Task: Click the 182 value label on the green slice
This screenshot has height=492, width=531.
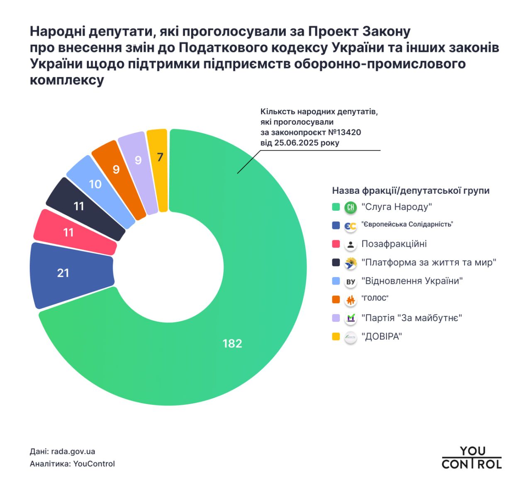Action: (x=232, y=343)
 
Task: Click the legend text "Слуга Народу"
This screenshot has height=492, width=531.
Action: (x=397, y=207)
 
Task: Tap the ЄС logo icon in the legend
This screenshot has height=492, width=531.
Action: (x=351, y=226)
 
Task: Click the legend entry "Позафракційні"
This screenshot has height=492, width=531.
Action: (x=394, y=244)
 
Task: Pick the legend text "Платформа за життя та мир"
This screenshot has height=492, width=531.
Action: (x=429, y=263)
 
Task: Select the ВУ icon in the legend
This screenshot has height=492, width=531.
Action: (x=351, y=282)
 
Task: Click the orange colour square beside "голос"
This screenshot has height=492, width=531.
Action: (x=336, y=300)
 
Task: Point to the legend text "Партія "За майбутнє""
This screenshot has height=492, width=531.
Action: (x=412, y=318)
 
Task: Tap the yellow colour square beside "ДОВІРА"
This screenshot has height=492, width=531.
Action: (x=336, y=336)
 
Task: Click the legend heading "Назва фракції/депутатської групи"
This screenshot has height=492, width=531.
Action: (x=410, y=191)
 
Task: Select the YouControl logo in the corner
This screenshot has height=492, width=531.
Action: (x=471, y=458)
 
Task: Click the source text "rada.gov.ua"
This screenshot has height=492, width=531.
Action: (x=73, y=451)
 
